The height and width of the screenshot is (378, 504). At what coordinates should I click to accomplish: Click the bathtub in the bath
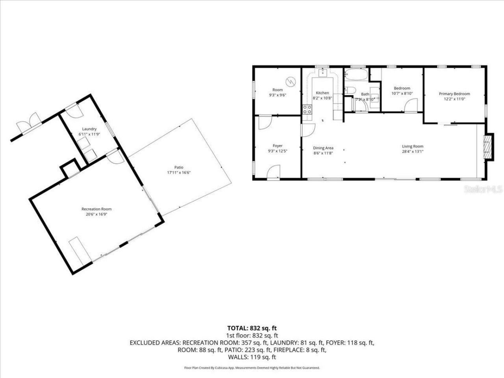[356, 74]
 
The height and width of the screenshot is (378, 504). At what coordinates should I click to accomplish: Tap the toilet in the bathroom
[350, 90]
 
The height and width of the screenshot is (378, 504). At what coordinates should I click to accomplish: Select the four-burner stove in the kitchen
[307, 109]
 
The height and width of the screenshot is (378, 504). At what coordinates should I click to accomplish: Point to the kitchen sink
[323, 72]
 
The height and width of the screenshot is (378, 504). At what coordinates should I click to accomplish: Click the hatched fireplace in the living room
[488, 147]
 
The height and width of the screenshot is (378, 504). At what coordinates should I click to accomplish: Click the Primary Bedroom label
[454, 94]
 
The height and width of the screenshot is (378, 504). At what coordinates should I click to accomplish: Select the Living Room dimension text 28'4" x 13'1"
[413, 152]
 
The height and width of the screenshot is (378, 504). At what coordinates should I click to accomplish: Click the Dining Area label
[323, 148]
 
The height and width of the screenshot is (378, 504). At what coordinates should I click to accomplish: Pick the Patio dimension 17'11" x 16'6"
[179, 172]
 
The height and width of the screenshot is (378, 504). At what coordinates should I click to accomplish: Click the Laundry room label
[89, 129]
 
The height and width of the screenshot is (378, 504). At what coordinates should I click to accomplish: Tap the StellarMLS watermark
[484, 189]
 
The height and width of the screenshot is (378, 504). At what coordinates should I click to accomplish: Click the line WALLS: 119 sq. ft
[252, 357]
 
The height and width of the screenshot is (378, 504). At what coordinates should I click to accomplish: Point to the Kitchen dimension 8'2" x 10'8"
[322, 98]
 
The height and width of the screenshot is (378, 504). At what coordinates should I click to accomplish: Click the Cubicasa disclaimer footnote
[252, 368]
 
